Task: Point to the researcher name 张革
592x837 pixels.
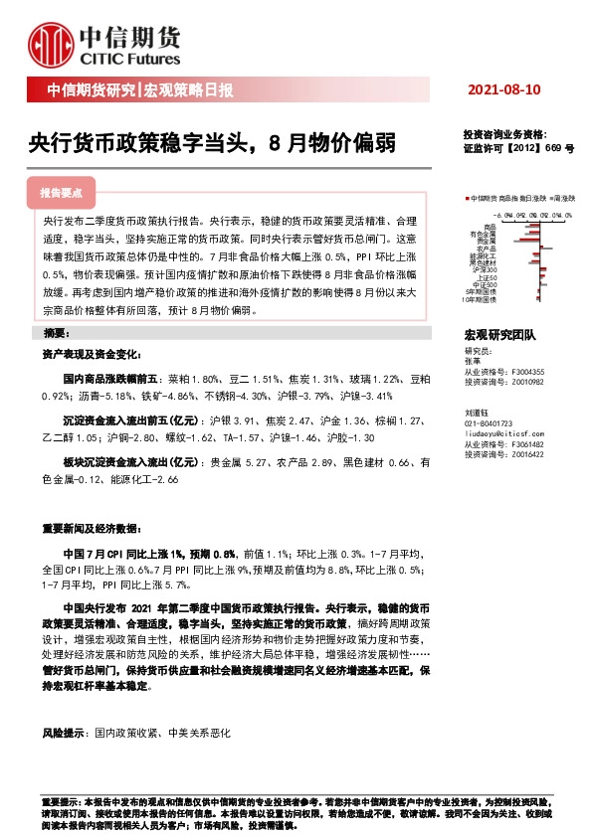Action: click(x=473, y=362)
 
